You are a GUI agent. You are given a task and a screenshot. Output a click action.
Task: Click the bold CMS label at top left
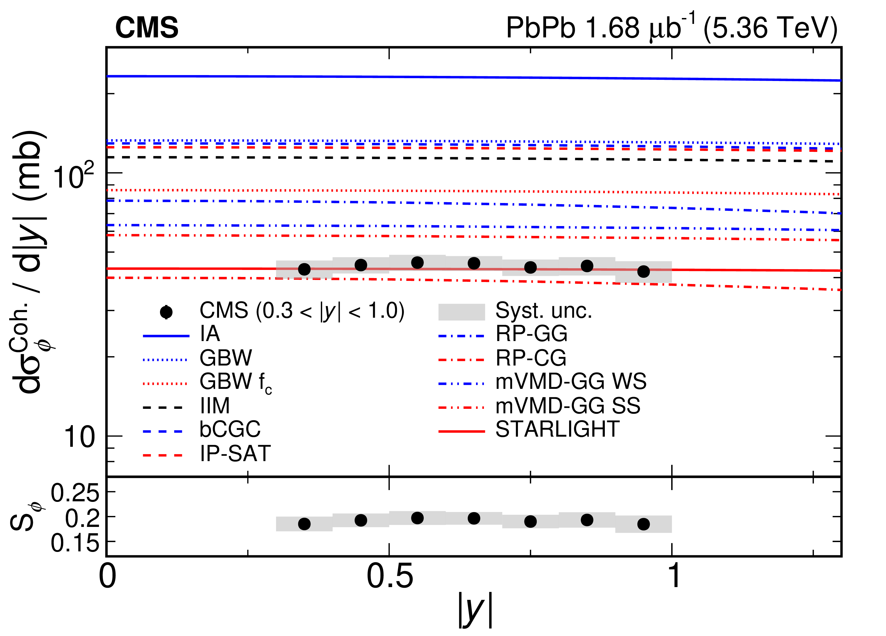pos(146,28)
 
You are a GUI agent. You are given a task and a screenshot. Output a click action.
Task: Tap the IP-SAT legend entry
pos(235,454)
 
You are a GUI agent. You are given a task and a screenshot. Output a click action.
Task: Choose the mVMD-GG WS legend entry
pos(570,381)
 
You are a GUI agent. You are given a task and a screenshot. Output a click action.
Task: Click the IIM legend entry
pos(215,406)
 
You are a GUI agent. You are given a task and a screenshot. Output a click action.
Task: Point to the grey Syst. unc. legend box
pos(461,312)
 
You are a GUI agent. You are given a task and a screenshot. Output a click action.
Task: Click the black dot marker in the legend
pos(166,312)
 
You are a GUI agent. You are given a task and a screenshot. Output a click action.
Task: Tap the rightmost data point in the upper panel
pos(643,271)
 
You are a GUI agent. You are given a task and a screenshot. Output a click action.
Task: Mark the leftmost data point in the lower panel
pos(304,524)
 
